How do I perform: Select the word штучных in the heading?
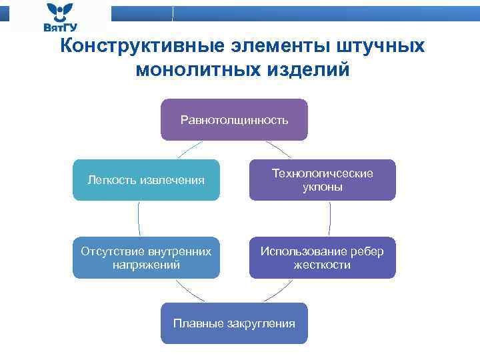381,46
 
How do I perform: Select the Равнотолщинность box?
234,120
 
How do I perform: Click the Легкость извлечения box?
146,180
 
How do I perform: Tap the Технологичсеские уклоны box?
322,180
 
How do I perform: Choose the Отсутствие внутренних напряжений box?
146,257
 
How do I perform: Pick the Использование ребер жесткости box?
322,257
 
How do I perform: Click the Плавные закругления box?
234,323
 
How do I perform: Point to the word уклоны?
322,187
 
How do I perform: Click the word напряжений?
146,265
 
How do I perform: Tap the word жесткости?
322,265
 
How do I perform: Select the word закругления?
261,323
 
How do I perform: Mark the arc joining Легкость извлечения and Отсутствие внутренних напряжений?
139,219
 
